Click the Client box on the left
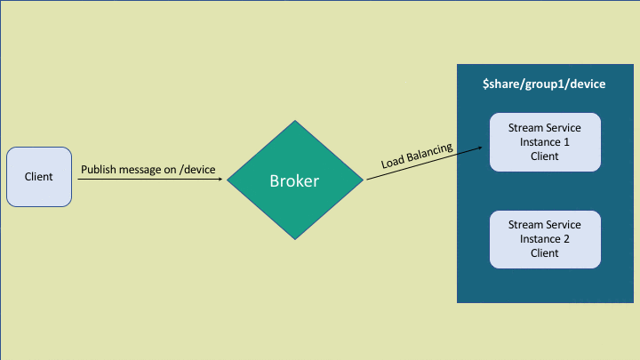coord(39,177)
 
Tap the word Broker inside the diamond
coord(295,181)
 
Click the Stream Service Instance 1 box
coord(545,141)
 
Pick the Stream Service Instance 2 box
coord(545,239)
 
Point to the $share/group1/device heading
coord(544,84)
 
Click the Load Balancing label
coord(417,156)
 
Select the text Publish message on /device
coord(148,169)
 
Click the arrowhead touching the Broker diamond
coord(220,180)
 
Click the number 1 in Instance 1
coord(566,141)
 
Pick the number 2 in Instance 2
coord(566,239)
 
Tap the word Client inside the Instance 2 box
coord(545,253)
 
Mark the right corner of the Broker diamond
coord(363,180)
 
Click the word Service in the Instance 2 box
coord(563,225)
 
